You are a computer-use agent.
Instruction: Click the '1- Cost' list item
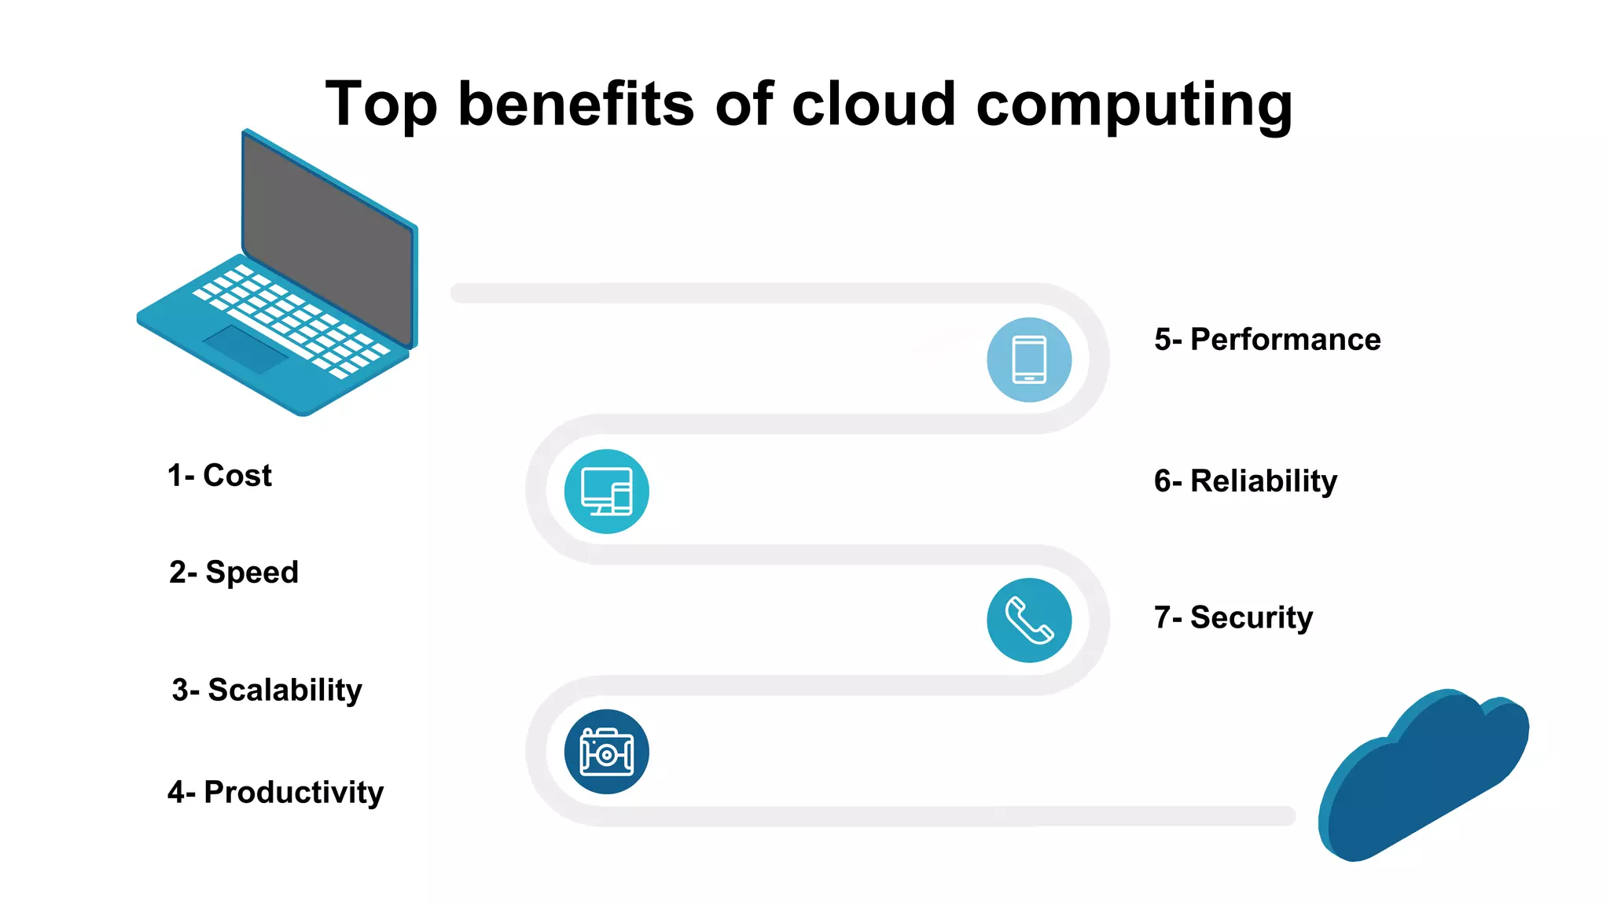coord(219,476)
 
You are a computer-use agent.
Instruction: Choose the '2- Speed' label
coord(233,573)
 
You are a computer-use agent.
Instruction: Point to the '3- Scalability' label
coord(266,690)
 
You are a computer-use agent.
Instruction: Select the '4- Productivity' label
coord(275,792)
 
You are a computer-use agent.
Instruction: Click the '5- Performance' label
coord(1267,340)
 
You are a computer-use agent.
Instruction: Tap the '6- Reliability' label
coord(1245,481)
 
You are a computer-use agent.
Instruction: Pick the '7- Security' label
coord(1233,617)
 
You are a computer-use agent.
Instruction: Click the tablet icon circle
coord(1029,359)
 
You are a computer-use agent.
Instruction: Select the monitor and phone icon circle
coord(606,492)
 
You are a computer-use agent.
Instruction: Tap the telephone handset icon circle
coord(1029,621)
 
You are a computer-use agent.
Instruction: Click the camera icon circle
coord(606,752)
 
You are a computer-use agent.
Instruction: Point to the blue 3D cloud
coord(1423,779)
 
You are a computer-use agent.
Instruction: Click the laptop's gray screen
coord(329,240)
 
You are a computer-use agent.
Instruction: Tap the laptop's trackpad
coord(246,349)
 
